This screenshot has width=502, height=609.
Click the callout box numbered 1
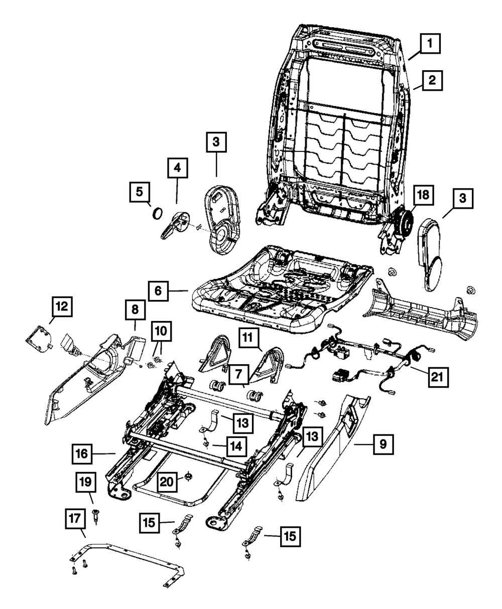pos(431,44)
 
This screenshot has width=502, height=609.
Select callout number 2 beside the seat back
pos(432,79)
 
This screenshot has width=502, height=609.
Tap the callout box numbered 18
pos(422,196)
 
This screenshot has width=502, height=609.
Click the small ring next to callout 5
pos(157,213)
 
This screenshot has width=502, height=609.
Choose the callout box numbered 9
pos(383,444)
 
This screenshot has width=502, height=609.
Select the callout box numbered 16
pos(82,455)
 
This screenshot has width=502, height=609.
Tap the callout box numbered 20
pos(167,482)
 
